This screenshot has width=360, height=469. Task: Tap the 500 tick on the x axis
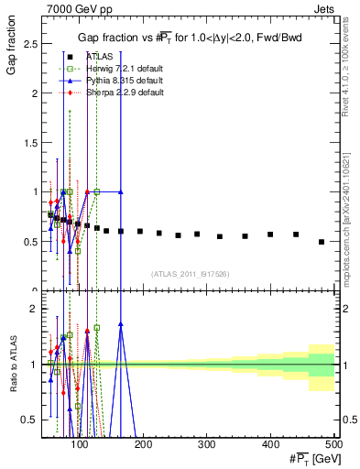click(333, 444)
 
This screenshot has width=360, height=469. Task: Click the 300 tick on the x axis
click(207, 444)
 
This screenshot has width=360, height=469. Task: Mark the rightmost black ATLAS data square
click(321, 242)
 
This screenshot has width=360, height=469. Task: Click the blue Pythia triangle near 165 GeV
click(121, 191)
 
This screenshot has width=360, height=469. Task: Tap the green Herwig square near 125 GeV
click(96, 191)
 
